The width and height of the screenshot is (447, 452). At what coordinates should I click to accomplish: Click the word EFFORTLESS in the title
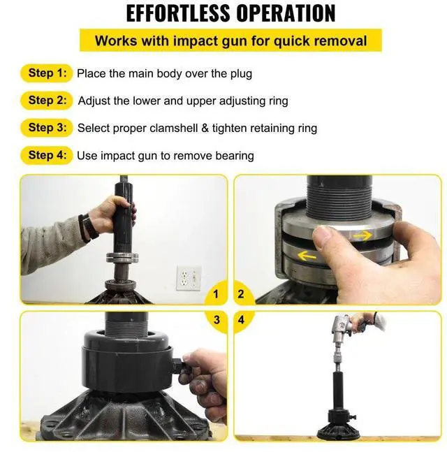pos(178,13)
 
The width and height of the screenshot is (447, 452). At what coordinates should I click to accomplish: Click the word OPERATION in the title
pos(286,13)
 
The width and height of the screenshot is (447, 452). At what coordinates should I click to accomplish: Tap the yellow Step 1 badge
pos(46,73)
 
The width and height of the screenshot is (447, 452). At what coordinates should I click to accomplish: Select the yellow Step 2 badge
pos(46,101)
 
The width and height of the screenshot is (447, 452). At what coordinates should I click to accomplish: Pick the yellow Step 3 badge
pos(46,128)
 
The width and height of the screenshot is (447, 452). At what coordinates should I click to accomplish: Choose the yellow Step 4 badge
pos(46,155)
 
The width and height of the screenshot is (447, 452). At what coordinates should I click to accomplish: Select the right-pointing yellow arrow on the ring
pos(362,236)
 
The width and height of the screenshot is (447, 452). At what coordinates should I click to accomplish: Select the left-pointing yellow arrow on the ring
pos(307,256)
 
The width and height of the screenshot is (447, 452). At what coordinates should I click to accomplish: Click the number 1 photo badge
pos(216,294)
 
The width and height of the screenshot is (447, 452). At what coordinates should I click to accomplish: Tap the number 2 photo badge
pos(241,294)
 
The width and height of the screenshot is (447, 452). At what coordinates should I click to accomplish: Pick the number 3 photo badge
pos(217,320)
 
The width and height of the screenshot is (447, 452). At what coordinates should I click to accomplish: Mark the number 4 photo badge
pos(242,320)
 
